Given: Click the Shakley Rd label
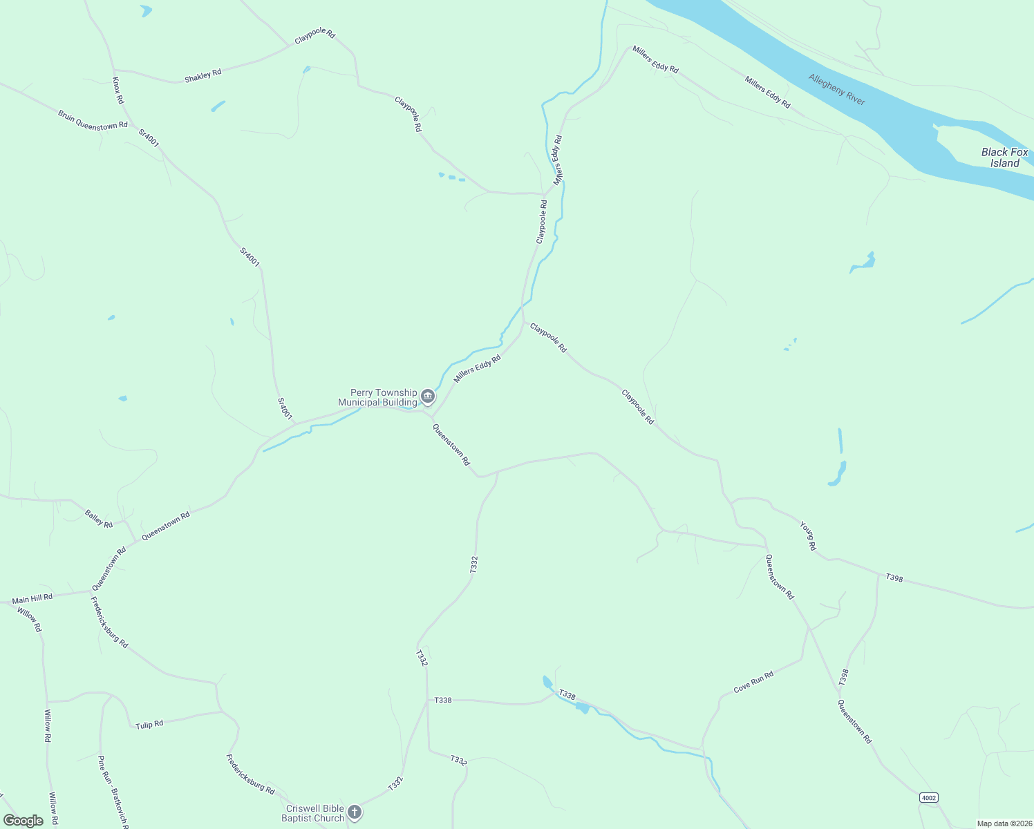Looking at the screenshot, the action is click(x=203, y=75).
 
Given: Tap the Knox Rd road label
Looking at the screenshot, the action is click(x=118, y=90).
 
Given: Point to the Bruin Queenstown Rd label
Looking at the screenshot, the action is click(x=93, y=120).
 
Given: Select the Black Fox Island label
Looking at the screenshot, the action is click(x=1004, y=158).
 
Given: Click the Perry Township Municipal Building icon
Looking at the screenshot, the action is click(x=428, y=397).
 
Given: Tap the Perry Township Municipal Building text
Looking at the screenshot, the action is click(x=377, y=397).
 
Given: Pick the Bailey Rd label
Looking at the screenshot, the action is click(x=99, y=518).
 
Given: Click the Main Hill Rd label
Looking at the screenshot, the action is click(x=32, y=598).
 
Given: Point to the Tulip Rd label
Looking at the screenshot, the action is click(x=149, y=725).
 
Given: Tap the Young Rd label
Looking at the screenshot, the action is click(x=808, y=536).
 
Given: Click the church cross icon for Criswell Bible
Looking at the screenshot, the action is click(x=355, y=812).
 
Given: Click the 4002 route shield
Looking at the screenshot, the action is click(x=929, y=798).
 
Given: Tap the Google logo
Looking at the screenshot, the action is click(x=23, y=821).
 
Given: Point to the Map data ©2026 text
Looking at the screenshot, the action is click(x=1004, y=823).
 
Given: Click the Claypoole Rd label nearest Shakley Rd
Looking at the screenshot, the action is click(x=314, y=36).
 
